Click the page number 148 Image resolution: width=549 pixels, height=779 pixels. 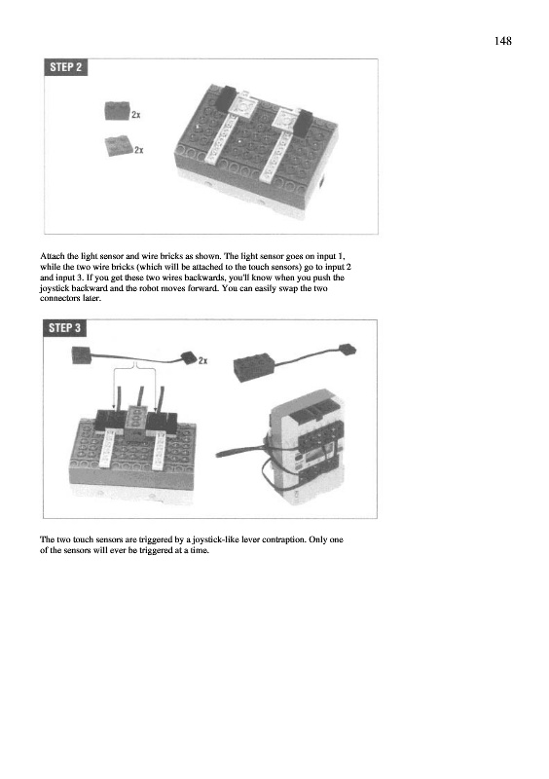pyautogui.click(x=503, y=41)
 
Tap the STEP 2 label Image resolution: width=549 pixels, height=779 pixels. pyautogui.click(x=65, y=67)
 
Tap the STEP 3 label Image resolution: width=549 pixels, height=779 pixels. pyautogui.click(x=64, y=328)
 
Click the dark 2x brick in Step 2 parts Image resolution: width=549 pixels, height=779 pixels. pyautogui.click(x=117, y=110)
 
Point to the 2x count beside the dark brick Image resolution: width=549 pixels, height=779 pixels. pyautogui.click(x=136, y=115)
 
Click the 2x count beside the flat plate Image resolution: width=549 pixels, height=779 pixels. pyautogui.click(x=139, y=150)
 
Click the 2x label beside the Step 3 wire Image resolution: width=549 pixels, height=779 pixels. pyautogui.click(x=202, y=360)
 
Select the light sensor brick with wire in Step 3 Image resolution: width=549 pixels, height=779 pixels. pyautogui.click(x=294, y=361)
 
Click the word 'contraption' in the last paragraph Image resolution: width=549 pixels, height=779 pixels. pyautogui.click(x=283, y=539)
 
